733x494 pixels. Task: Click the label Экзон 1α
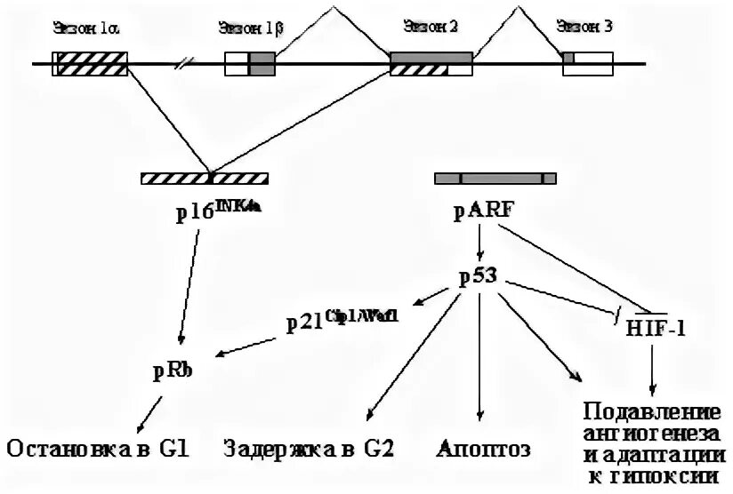coord(86,27)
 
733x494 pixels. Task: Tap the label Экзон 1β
coord(250,27)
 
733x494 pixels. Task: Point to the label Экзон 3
coord(584,27)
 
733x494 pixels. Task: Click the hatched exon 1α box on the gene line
coord(91,64)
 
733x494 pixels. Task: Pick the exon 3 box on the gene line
coord(587,64)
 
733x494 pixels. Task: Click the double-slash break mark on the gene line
coord(184,64)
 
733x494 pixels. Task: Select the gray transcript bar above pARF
coord(495,178)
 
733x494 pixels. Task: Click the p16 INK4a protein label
coord(219,211)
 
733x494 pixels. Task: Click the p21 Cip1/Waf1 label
coord(341,321)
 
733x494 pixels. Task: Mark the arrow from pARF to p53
coord(480,243)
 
